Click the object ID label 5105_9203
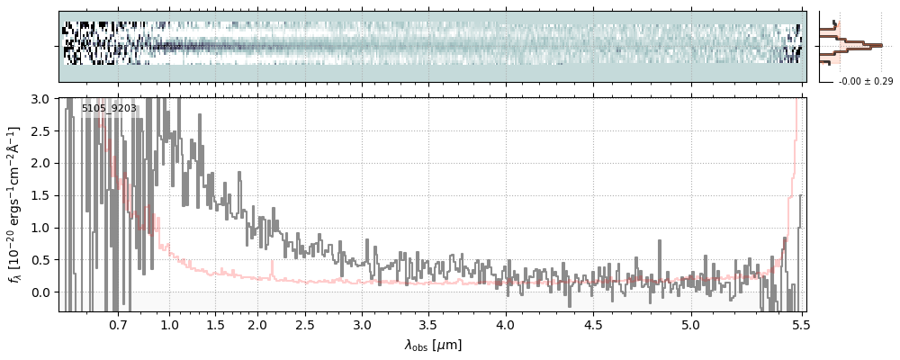(109, 109)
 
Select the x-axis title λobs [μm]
(433, 344)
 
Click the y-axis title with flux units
(15, 204)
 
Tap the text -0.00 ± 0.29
(866, 82)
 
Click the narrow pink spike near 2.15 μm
(272, 267)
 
